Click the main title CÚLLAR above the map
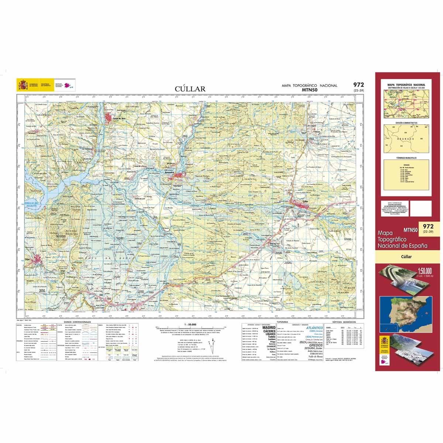tap(190, 89)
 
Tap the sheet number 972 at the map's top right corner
tap(358, 85)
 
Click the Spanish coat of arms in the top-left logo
tap(23, 85)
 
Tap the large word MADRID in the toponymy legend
tap(268, 327)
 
